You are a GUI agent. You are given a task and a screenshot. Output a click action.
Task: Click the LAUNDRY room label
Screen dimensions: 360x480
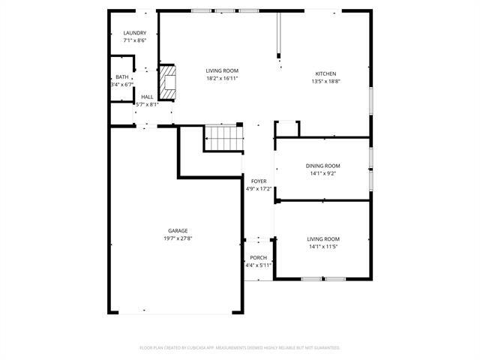pyautogui.click(x=135, y=33)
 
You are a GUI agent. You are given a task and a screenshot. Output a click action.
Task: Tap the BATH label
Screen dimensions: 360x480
pyautogui.click(x=121, y=77)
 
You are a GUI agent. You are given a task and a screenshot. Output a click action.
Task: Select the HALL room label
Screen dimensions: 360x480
pyautogui.click(x=147, y=97)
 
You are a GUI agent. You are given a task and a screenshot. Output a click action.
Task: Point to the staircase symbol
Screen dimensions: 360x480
pyautogui.click(x=222, y=137)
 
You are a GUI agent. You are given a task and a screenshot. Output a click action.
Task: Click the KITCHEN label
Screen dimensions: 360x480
pyautogui.click(x=325, y=73)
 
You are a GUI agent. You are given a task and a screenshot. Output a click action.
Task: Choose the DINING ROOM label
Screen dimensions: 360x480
pyautogui.click(x=322, y=166)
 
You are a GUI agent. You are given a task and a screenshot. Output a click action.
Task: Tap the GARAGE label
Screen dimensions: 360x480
pyautogui.click(x=178, y=231)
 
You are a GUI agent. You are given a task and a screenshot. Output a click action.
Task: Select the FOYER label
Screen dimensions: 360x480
pyautogui.click(x=259, y=181)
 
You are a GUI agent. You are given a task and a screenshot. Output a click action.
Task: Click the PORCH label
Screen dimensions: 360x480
pyautogui.click(x=258, y=258)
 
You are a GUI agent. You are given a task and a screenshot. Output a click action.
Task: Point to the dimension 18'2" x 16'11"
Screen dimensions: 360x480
pyautogui.click(x=222, y=78)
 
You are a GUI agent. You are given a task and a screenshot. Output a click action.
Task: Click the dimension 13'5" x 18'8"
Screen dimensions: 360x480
pyautogui.click(x=325, y=81)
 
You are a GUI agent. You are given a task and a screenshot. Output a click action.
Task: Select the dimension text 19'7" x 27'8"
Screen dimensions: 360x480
pyautogui.click(x=178, y=238)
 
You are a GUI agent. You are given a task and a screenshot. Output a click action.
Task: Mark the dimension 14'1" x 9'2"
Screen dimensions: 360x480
pyautogui.click(x=322, y=173)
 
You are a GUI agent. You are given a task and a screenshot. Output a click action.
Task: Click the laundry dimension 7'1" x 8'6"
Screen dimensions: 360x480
pyautogui.click(x=135, y=40)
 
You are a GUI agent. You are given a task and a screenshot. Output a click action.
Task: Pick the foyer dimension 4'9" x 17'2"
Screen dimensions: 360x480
pyautogui.click(x=259, y=189)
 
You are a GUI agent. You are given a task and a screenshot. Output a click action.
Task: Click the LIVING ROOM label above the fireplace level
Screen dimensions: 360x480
pyautogui.click(x=222, y=70)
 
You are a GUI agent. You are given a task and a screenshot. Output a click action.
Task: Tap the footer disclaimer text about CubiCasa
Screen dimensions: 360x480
pyautogui.click(x=240, y=348)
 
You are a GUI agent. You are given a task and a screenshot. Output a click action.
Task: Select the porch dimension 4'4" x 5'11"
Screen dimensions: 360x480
pyautogui.click(x=258, y=265)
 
